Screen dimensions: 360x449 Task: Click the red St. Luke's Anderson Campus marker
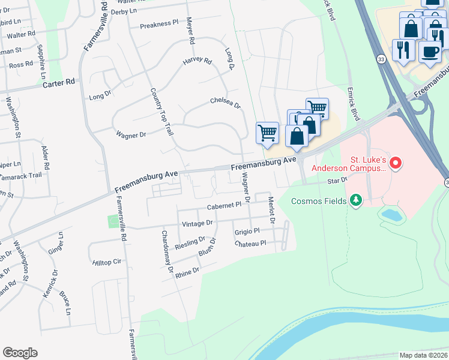point(395,162)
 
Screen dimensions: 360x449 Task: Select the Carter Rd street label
point(58,83)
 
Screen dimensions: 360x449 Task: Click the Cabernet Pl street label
point(224,205)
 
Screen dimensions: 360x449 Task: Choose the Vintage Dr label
point(197,223)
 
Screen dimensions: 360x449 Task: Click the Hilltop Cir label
point(107,262)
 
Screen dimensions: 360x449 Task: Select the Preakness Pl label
point(159,25)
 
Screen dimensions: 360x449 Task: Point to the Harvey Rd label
point(197,61)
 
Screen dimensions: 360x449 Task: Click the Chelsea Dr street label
point(225,103)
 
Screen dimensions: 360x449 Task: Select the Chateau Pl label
point(250,244)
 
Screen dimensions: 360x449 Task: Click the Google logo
point(20,353)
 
